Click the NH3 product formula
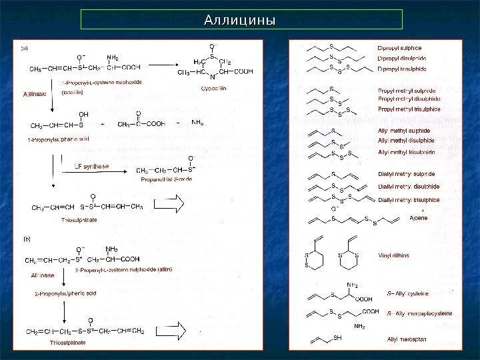198,123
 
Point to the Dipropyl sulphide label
399,48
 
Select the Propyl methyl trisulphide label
409,109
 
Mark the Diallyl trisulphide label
408,199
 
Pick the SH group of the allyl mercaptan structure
337,338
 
